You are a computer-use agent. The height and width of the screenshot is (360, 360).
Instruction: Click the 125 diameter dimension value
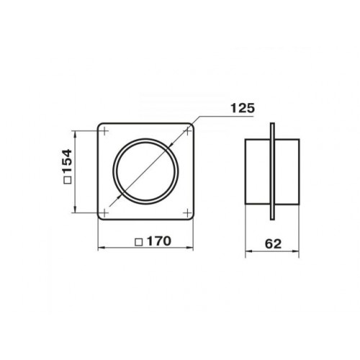click(x=243, y=108)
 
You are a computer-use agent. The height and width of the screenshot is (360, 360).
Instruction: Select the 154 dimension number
click(x=67, y=161)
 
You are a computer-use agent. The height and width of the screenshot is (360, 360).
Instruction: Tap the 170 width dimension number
click(x=159, y=241)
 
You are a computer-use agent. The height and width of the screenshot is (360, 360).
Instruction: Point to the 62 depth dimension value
click(x=273, y=244)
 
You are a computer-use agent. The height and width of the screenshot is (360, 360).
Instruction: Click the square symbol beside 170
click(x=139, y=243)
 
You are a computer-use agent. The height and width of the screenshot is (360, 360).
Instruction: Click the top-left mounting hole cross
click(x=104, y=131)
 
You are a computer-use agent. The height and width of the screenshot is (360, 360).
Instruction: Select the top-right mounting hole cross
click(x=187, y=131)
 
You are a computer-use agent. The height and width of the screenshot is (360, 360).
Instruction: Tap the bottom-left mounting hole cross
click(x=104, y=212)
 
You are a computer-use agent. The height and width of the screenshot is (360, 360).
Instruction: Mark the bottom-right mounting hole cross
click(x=187, y=212)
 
